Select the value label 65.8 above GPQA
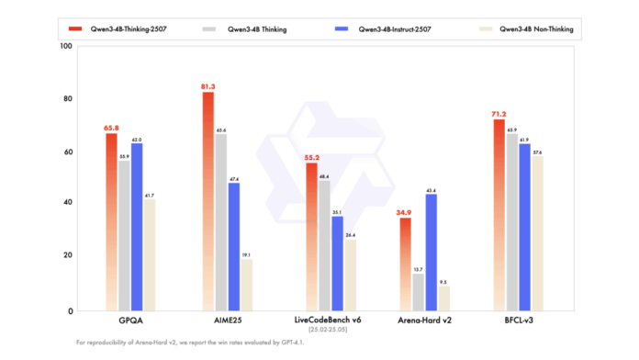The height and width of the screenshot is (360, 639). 111,127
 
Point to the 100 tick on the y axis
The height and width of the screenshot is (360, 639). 64,46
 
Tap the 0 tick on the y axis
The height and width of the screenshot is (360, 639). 70,310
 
